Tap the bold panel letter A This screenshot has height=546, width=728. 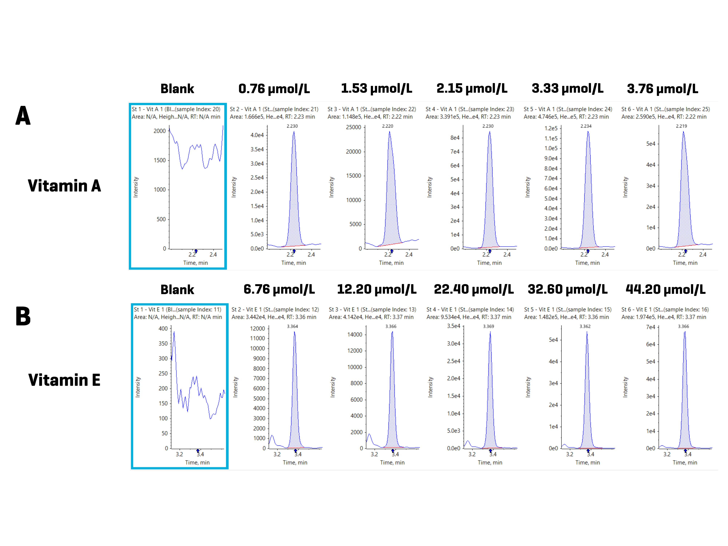pos(23,116)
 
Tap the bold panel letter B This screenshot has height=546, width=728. pos(23,316)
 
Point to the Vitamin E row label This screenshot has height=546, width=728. pos(64,380)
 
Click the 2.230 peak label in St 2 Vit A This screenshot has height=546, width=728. pos(292,126)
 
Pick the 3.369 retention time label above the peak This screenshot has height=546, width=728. pos(488,326)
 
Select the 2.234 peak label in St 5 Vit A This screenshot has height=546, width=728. pos(586,126)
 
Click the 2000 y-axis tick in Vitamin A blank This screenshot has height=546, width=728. pos(160,131)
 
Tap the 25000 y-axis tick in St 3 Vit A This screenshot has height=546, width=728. pos(354,127)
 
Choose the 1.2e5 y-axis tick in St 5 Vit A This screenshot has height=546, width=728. pos(551,128)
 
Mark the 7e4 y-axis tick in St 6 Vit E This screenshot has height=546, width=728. pos(651,327)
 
